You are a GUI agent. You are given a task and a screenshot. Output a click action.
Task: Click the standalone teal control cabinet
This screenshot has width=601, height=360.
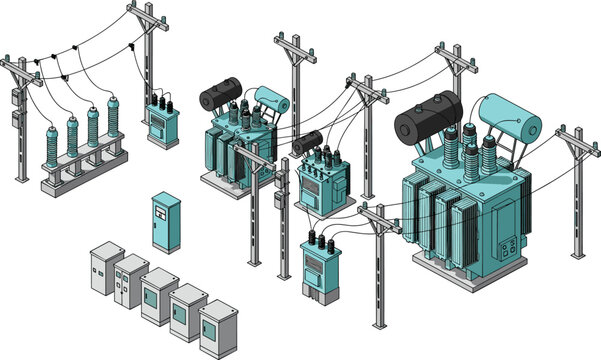click(x=165, y=221)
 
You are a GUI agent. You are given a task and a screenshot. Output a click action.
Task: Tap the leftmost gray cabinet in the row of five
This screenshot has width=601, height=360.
click(x=104, y=269)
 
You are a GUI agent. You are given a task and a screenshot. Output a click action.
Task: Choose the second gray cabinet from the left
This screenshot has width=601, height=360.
click(x=131, y=281)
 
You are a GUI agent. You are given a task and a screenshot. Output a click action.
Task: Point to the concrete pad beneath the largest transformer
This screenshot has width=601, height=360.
click(x=470, y=276)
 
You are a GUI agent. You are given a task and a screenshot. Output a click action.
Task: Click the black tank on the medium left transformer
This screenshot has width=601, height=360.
click(x=220, y=95)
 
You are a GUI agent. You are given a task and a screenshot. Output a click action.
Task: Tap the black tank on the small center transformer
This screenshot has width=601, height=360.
click(x=306, y=142)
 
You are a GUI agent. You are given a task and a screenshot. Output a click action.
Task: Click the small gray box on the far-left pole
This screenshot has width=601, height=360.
click(x=17, y=119)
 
